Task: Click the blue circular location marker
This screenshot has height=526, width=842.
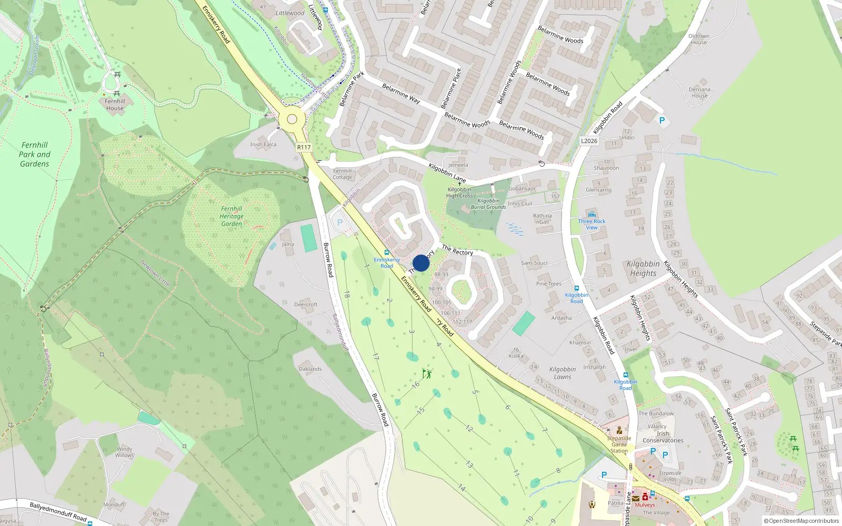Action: click(x=421, y=263)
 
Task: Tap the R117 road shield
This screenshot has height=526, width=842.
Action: click(x=304, y=147)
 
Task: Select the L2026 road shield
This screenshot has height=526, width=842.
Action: click(x=589, y=141)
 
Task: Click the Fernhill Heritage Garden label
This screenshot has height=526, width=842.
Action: click(x=232, y=216)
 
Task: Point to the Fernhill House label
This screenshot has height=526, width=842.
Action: click(x=115, y=105)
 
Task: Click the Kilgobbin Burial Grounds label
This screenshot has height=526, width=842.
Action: click(x=488, y=204)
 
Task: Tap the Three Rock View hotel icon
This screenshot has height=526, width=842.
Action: click(x=592, y=215)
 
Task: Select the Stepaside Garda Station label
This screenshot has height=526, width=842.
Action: click(x=619, y=444)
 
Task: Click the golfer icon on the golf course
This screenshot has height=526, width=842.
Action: click(x=427, y=374)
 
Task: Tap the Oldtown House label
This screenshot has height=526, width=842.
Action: click(x=699, y=39)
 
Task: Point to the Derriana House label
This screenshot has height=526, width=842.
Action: click(x=699, y=93)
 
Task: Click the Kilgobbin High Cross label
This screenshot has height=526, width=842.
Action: click(x=459, y=193)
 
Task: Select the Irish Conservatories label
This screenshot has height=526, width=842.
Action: click(x=663, y=437)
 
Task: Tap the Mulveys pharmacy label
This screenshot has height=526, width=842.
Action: click(x=645, y=504)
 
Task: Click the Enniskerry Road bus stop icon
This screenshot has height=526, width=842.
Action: click(x=387, y=253)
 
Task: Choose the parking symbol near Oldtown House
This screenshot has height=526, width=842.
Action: click(x=662, y=121)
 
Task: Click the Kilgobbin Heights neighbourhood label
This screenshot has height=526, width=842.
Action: click(x=643, y=268)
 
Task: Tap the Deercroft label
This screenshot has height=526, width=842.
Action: click(x=306, y=305)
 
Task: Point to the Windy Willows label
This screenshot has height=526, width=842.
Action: click(x=125, y=452)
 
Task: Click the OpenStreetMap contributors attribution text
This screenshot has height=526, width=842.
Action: click(x=801, y=521)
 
